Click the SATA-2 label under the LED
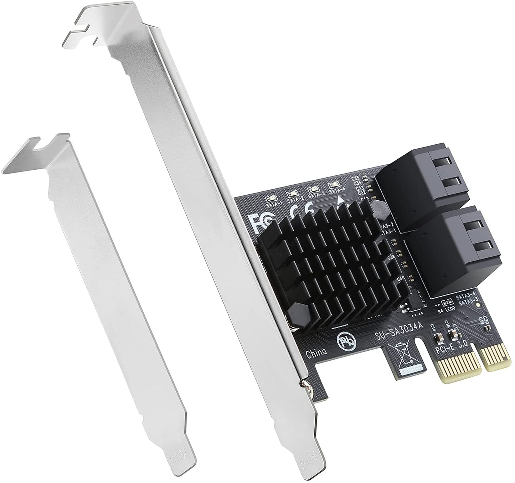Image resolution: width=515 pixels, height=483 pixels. click(295, 199)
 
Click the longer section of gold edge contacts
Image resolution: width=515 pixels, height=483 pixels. click(457, 370)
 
